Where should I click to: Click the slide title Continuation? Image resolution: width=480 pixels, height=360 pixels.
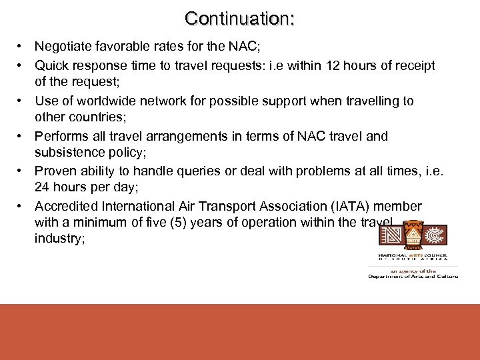tap(240, 18)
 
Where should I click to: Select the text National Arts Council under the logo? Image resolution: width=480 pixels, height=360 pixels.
tap(413, 255)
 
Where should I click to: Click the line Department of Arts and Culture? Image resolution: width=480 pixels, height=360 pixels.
tap(413, 276)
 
